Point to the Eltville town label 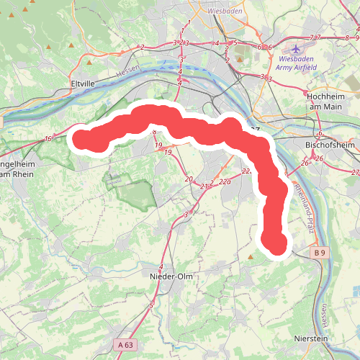[83, 84]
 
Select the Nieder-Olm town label [169, 276]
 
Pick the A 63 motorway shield [126, 346]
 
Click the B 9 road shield [320, 253]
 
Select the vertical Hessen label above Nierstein [325, 311]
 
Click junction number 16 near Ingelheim [48, 138]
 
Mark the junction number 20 [189, 179]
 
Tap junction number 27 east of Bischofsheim [355, 172]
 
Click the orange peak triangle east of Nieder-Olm [251, 256]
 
